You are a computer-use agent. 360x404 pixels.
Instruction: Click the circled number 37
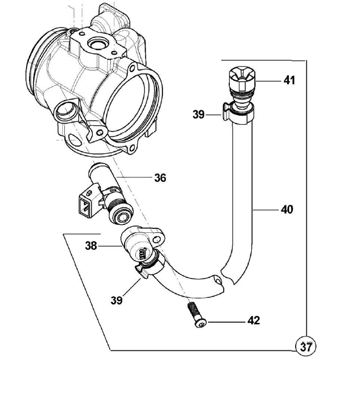click(306, 347)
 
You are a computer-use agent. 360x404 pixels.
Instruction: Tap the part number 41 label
click(290, 80)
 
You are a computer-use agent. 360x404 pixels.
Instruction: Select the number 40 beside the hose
click(287, 209)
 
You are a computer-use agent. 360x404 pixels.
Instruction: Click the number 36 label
click(160, 178)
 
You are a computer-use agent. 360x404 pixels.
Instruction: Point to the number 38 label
click(91, 246)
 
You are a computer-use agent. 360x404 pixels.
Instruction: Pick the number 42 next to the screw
click(253, 321)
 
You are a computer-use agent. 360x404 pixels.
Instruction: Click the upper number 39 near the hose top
click(199, 114)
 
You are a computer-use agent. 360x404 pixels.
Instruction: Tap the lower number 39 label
click(116, 300)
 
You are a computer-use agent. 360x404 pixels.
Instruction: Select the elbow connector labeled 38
click(141, 245)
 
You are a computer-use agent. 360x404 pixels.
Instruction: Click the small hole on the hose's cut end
click(220, 281)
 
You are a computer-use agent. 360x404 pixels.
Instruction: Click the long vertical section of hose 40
click(243, 194)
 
